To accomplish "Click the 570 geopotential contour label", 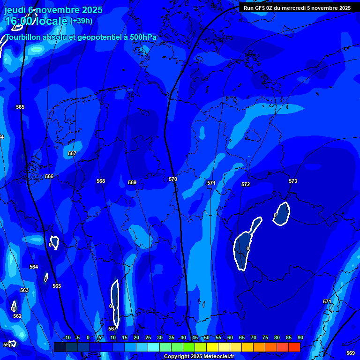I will (173, 180).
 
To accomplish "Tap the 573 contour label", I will (293, 181).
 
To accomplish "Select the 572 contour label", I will (246, 184).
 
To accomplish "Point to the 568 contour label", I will (101, 181).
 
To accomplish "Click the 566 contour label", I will (49, 176).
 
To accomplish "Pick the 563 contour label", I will (24, 290).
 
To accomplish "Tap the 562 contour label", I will (17, 316).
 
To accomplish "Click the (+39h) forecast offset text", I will (82, 21).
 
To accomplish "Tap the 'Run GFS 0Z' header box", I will (297, 8).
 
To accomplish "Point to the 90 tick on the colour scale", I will (300, 338).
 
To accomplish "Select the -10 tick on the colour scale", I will (67, 338).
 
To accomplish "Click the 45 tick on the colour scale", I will (195, 338).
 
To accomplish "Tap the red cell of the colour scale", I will (294, 347).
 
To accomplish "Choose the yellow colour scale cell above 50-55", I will (212, 347).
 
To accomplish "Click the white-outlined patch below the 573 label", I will (281, 213).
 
